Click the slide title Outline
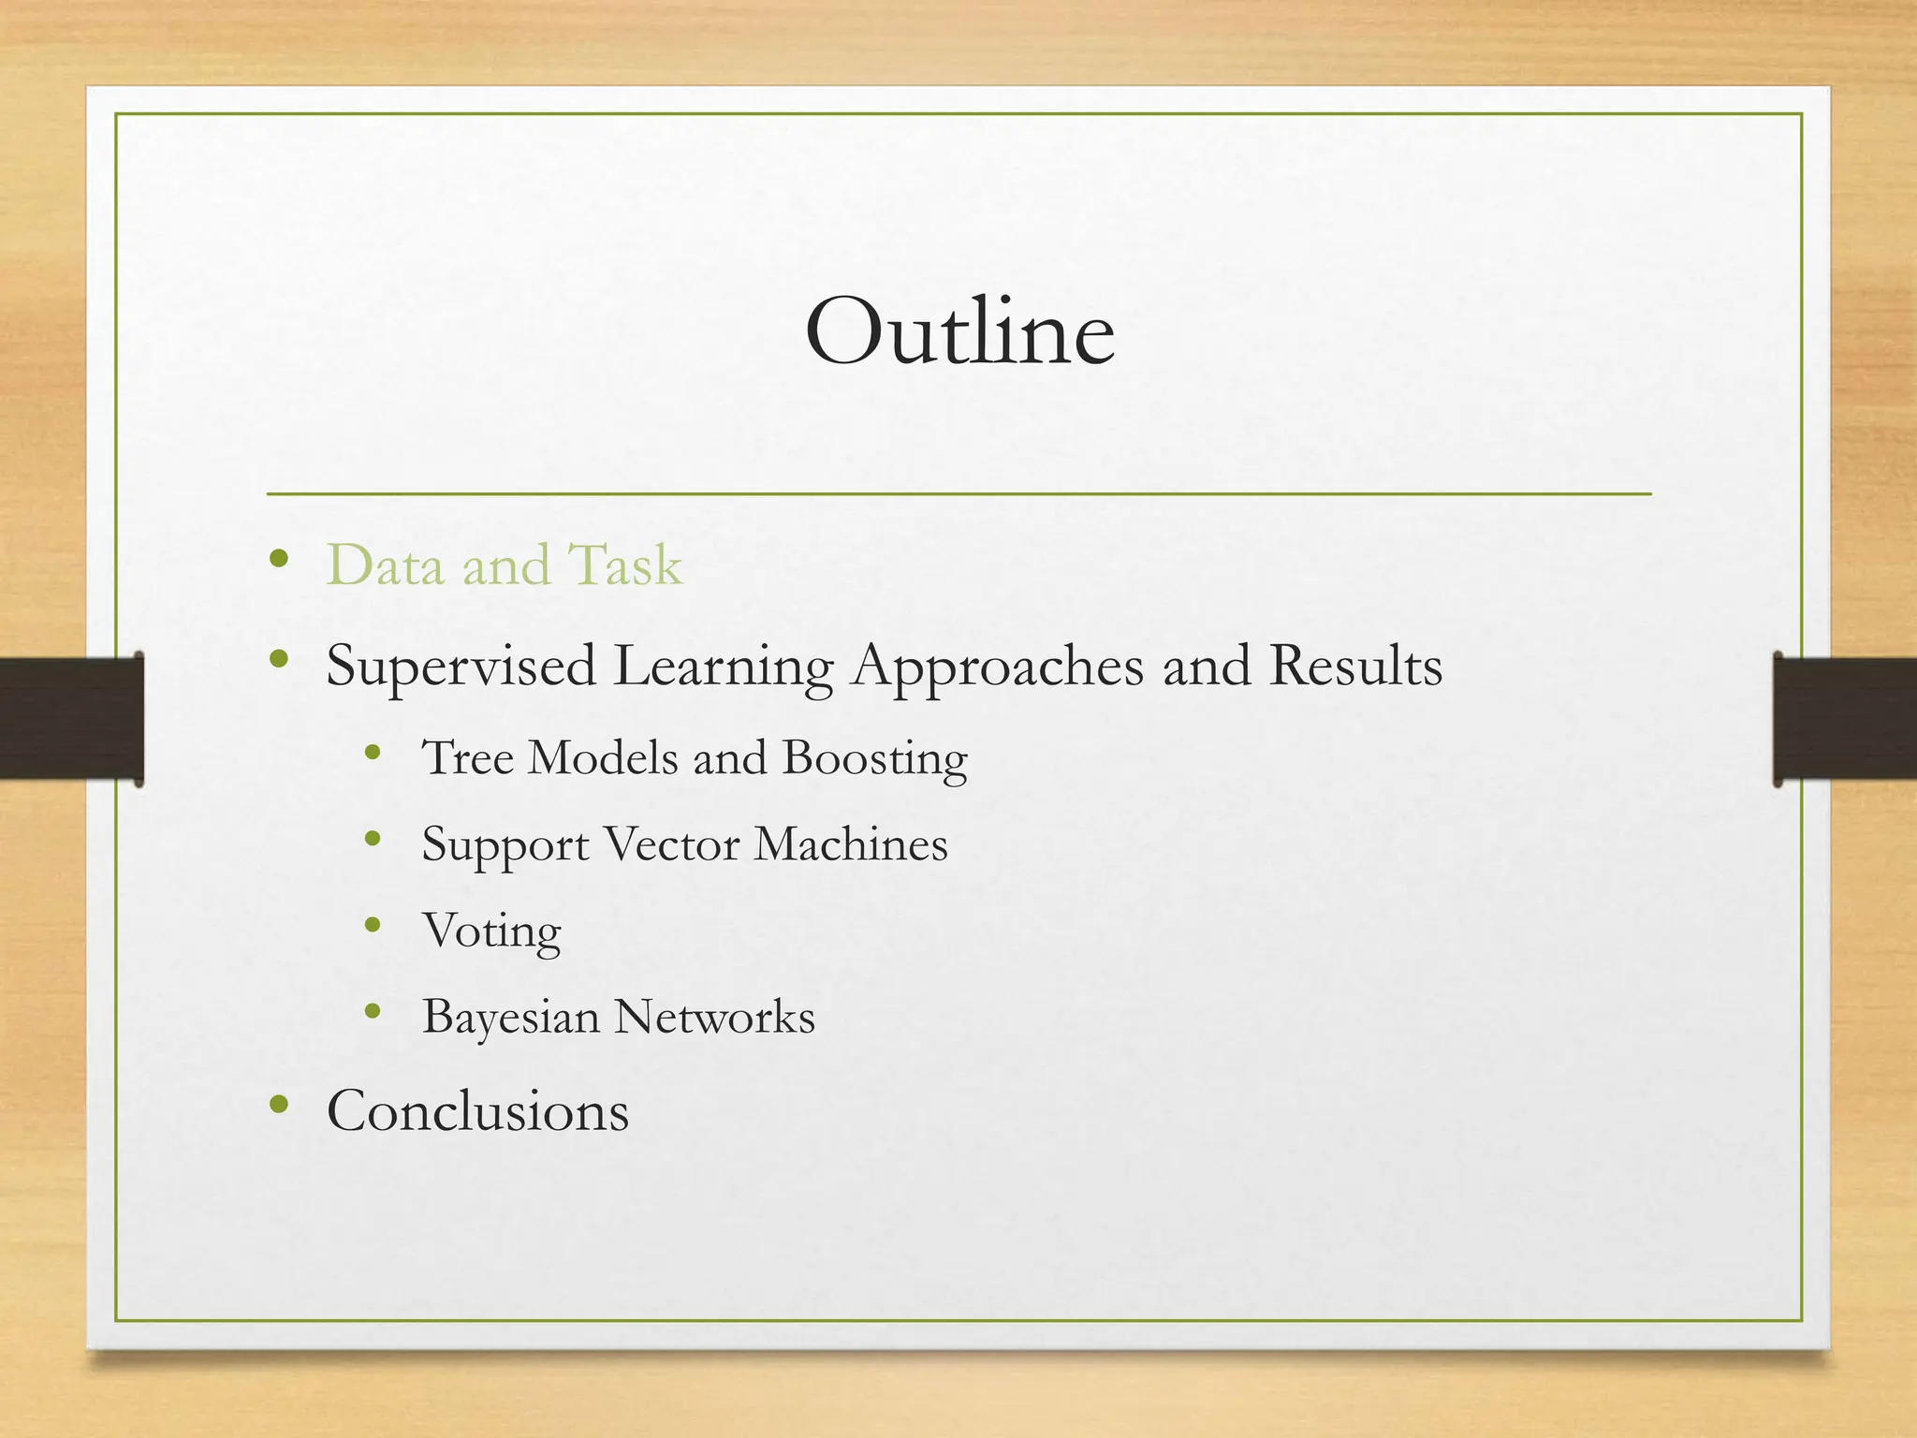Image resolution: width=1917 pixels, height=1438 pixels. [959, 331]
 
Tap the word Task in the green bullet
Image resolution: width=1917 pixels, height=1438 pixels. [625, 565]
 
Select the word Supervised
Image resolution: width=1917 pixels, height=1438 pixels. [461, 667]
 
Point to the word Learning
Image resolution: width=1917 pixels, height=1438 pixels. [723, 667]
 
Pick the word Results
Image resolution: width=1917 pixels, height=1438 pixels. [1355, 665]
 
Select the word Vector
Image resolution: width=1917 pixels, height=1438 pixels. [671, 844]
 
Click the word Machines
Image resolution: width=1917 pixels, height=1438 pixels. [850, 844]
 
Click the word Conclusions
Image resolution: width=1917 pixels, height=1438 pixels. [477, 1111]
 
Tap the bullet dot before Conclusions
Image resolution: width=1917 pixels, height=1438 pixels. [277, 1105]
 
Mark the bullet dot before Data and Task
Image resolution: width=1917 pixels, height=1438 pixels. [277, 560]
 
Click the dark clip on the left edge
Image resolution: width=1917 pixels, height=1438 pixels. [71, 719]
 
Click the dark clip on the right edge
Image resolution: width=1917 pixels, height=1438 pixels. [1844, 719]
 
